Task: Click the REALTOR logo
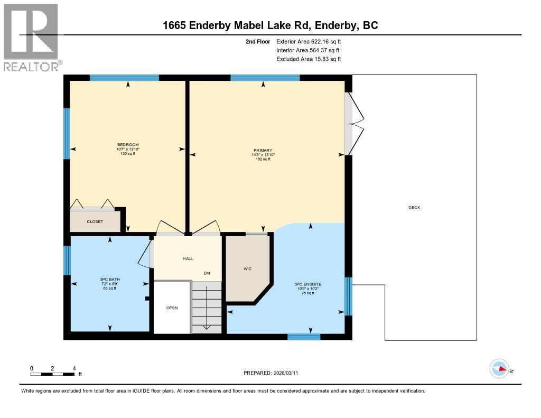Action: click(x=31, y=37)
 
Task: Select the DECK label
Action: click(x=414, y=208)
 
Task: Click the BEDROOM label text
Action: click(x=128, y=145)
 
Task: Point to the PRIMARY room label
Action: click(x=263, y=151)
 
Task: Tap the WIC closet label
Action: click(x=247, y=269)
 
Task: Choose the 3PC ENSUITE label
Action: click(x=308, y=284)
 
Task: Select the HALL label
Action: click(x=188, y=259)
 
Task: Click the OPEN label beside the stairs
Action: click(x=172, y=308)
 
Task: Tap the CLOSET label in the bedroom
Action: click(x=95, y=222)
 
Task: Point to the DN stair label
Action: click(x=208, y=273)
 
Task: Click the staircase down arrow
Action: click(x=207, y=326)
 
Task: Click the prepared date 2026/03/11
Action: click(x=274, y=373)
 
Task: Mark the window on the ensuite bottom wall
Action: click(x=304, y=337)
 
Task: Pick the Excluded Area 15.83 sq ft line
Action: click(x=309, y=59)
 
